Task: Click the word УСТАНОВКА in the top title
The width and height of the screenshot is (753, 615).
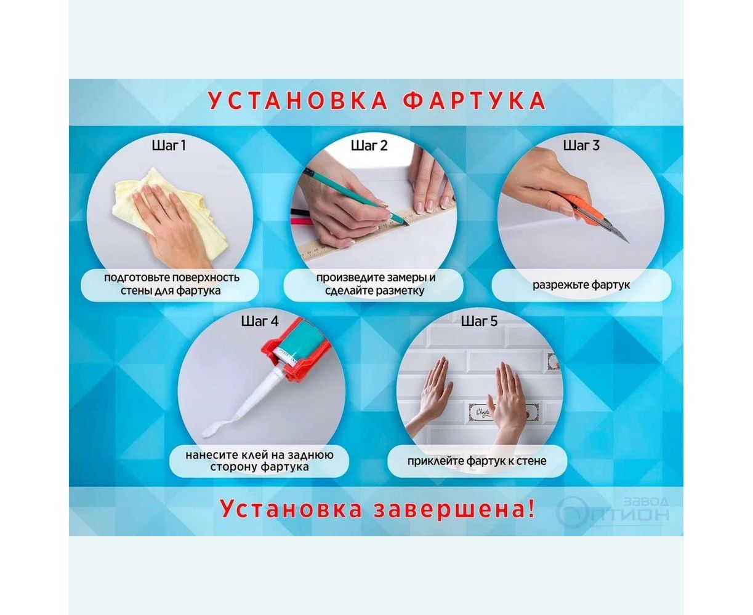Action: (298, 101)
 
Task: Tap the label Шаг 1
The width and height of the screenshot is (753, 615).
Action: (169, 146)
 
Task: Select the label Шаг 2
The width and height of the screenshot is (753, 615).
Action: (369, 146)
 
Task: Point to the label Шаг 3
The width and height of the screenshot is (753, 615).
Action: (581, 146)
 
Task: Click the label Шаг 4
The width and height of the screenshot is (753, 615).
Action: (260, 321)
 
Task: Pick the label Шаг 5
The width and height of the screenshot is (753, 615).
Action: (479, 321)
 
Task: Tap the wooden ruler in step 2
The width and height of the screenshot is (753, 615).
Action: (375, 232)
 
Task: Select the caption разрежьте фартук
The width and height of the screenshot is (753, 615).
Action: (581, 285)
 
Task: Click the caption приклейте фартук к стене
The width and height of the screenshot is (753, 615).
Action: (477, 461)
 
